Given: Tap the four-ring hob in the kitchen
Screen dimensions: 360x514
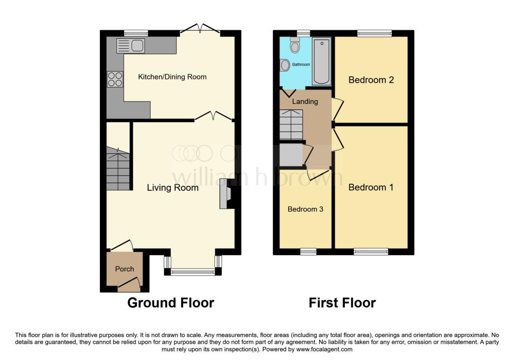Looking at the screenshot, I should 114,80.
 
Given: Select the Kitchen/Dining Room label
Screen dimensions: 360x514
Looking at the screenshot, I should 172,77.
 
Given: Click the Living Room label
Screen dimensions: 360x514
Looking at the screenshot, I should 173,188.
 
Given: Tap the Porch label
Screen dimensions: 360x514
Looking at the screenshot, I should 124,269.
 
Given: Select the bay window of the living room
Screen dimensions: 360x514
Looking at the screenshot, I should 192,272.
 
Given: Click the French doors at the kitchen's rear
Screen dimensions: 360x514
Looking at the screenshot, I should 200,29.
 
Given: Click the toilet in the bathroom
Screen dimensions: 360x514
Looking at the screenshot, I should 295,46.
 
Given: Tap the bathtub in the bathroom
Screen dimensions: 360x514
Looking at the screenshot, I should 321,61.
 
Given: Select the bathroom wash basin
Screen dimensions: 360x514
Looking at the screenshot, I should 285,65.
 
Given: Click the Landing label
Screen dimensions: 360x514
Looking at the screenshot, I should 305,101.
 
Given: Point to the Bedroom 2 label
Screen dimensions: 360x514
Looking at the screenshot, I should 371,80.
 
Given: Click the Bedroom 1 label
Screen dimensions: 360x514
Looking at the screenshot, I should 371,187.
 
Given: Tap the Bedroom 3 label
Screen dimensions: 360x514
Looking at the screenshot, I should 305,209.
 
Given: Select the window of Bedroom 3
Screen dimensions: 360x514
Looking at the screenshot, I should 308,252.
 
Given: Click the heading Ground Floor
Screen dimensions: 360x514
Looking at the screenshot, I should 171,303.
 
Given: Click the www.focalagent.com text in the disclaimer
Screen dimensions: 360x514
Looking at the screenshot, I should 324,349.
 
